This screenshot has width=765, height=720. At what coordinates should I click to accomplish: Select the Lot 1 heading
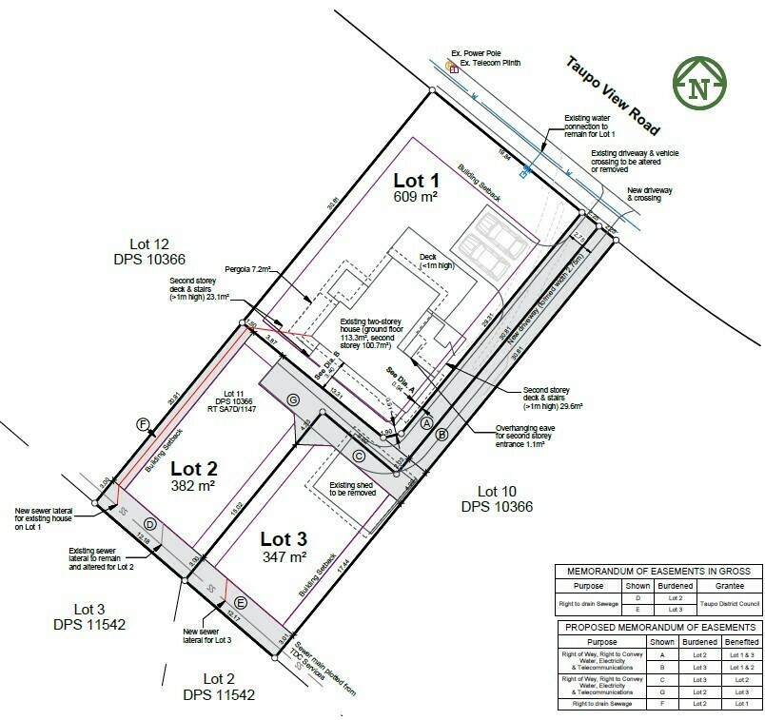416,180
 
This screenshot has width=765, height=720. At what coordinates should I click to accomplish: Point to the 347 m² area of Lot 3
284,556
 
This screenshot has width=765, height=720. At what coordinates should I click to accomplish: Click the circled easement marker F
144,425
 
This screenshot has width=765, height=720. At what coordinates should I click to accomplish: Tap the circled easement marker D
149,524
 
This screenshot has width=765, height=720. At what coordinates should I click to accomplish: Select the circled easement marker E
241,602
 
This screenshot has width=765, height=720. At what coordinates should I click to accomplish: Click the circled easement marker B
441,434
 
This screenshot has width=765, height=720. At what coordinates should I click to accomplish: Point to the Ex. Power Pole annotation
482,54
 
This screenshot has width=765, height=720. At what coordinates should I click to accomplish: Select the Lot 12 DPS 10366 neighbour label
154,251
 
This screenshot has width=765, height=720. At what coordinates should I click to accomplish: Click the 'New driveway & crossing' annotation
650,195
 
